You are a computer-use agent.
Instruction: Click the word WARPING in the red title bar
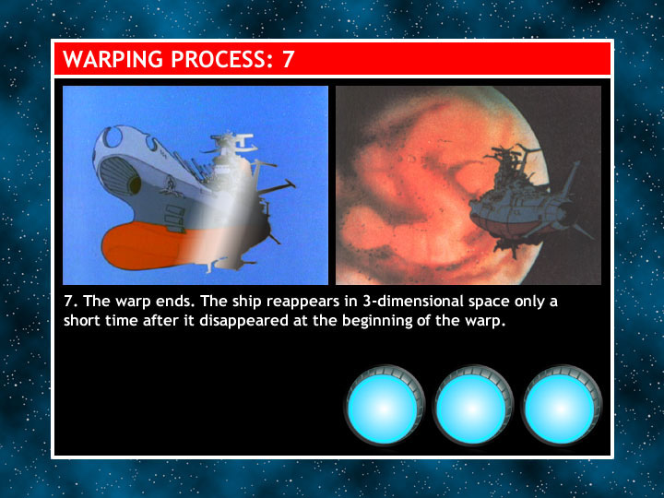tap(113, 59)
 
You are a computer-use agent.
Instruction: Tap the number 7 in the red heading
tap(288, 59)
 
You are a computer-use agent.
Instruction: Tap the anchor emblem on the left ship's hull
tap(171, 186)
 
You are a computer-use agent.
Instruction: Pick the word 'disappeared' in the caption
tap(243, 321)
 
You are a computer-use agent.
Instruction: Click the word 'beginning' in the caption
tap(377, 322)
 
